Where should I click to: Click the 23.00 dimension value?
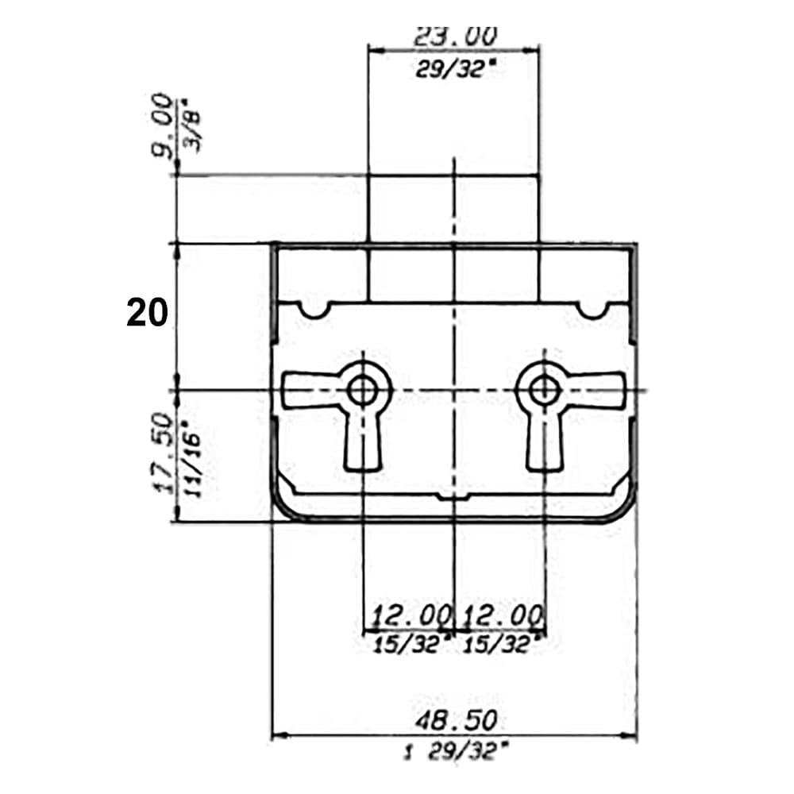point(455,37)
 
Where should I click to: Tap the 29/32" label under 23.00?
point(454,69)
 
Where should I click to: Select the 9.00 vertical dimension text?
point(163,125)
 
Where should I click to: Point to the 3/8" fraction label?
point(191,131)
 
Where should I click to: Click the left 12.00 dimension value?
point(410,616)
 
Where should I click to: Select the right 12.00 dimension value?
point(503,616)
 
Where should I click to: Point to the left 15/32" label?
point(411,645)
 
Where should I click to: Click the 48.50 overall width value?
point(456,720)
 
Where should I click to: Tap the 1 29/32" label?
point(454,751)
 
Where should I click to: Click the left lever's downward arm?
point(363,445)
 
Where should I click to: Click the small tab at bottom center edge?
point(453,497)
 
